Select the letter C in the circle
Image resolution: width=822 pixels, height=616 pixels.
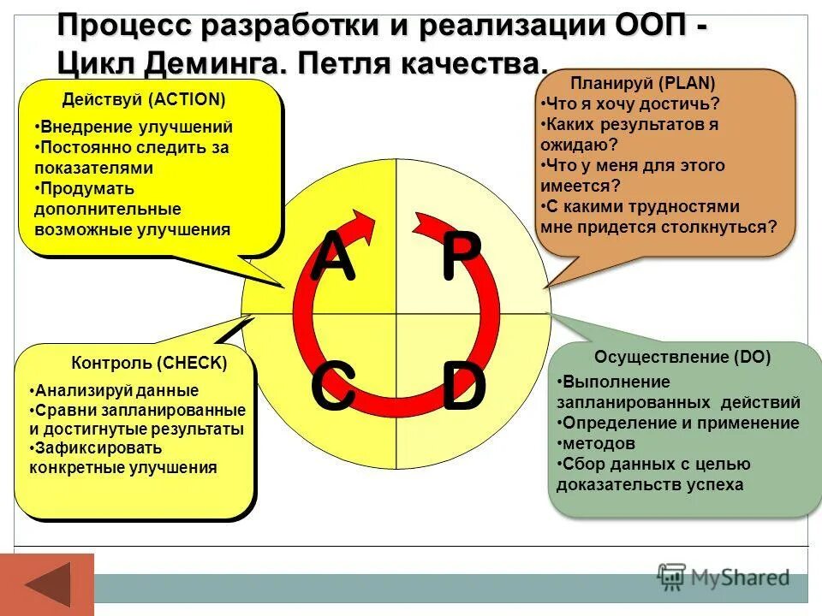332,388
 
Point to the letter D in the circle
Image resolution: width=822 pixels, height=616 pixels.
463,388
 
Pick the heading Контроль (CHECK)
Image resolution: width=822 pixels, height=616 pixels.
149,363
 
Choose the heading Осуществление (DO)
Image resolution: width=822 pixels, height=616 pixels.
682,358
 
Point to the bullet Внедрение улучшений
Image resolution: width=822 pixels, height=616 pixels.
135,127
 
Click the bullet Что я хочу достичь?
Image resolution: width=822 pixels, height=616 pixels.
631,104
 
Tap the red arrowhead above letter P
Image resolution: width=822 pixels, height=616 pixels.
426,224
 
